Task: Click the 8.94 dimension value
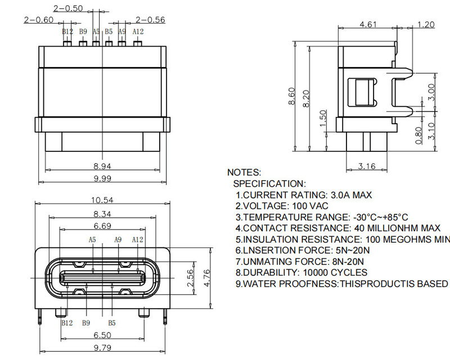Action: [x=102, y=166]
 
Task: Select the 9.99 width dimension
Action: [x=102, y=178]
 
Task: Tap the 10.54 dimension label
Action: [x=102, y=200]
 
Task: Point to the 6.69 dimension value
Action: [x=102, y=226]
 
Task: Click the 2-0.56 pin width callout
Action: [x=150, y=20]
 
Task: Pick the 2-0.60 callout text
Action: [x=39, y=20]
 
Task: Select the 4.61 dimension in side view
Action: [x=368, y=24]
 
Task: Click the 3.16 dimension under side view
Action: [x=367, y=166]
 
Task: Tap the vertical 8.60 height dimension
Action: [x=291, y=96]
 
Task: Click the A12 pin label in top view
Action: [x=138, y=31]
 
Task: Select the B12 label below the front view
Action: [x=67, y=323]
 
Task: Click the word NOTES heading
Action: [x=244, y=172]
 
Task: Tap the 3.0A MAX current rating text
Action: [x=351, y=195]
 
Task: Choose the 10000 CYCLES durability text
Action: [x=335, y=272]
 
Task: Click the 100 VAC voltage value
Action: [x=310, y=206]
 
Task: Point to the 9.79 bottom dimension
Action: [x=102, y=348]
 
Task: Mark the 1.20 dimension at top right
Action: [x=426, y=24]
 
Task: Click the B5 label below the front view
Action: [x=112, y=323]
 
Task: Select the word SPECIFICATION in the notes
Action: [x=269, y=184]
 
